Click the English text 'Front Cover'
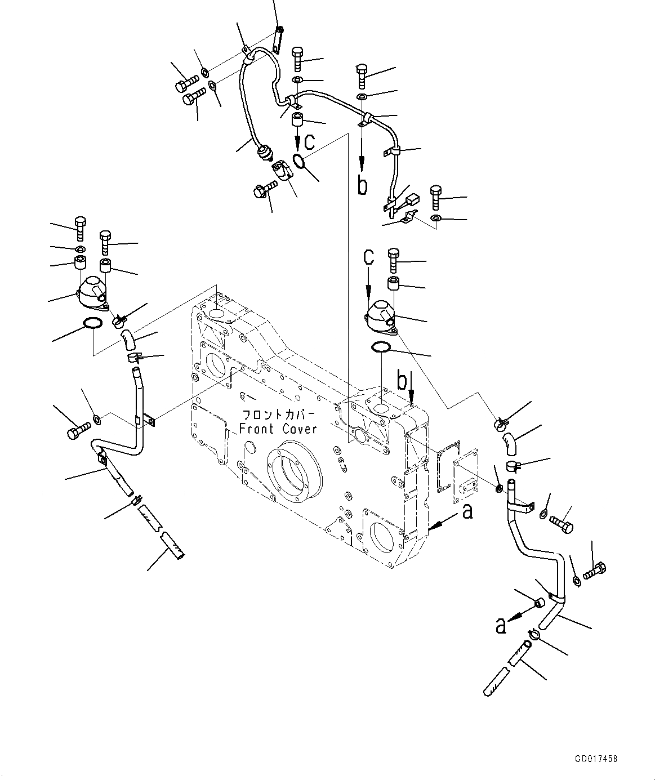point(278,429)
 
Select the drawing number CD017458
point(596,759)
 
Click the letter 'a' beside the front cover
point(467,512)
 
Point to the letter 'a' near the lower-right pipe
point(500,625)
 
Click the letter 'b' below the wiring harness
point(363,185)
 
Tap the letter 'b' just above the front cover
point(402,381)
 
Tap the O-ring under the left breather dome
point(92,323)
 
